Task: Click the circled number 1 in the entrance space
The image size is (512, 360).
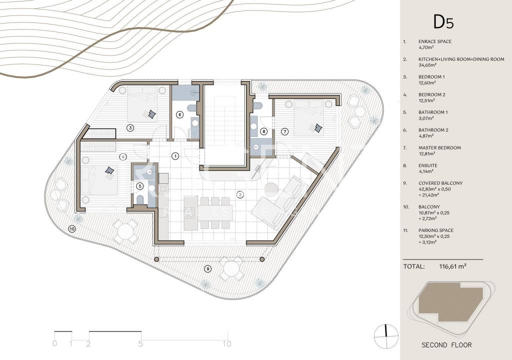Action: (x=175, y=156)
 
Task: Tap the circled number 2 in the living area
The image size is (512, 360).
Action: (x=240, y=194)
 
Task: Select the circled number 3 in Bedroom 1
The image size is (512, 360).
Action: (x=130, y=127)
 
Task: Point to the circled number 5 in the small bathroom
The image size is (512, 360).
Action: (x=140, y=186)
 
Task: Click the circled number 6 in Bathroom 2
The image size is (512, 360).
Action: (x=179, y=114)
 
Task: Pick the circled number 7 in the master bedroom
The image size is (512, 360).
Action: (x=284, y=131)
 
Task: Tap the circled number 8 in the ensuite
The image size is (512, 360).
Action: (x=264, y=131)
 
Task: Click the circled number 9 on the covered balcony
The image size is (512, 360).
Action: (x=207, y=269)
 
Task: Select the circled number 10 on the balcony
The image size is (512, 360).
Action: (x=72, y=229)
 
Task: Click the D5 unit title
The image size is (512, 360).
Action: (x=443, y=22)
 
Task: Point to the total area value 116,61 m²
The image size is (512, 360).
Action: (x=452, y=266)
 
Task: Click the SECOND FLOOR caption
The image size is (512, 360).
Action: (x=446, y=345)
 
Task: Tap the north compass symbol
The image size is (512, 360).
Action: (x=386, y=336)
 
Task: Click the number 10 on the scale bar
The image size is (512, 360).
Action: (x=227, y=343)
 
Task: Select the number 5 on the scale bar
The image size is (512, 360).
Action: (x=140, y=343)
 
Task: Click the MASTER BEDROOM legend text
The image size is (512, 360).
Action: (x=439, y=147)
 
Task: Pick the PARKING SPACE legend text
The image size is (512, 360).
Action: (x=436, y=230)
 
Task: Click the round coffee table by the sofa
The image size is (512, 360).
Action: (x=270, y=188)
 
